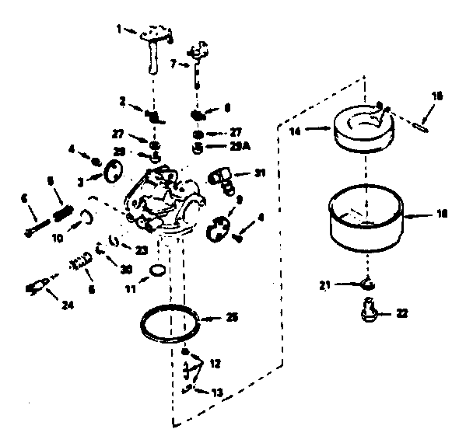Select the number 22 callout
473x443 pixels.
click(401, 313)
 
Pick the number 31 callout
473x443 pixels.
click(259, 173)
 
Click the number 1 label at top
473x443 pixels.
click(119, 29)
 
